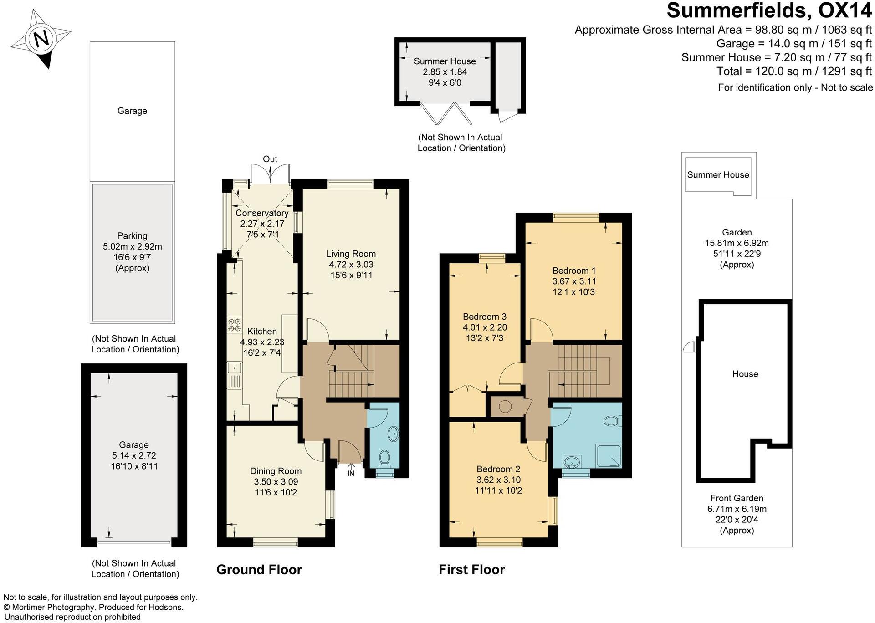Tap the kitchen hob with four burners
pyautogui.click(x=235, y=324)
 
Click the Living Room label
pyautogui.click(x=351, y=254)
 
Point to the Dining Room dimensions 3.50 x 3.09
pyautogui.click(x=276, y=482)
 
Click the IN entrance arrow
pyautogui.click(x=351, y=469)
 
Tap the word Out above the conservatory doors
pyautogui.click(x=270, y=159)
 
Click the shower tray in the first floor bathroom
pyautogui.click(x=609, y=456)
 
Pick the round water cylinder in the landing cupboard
pyautogui.click(x=505, y=406)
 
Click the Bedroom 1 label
pyautogui.click(x=573, y=271)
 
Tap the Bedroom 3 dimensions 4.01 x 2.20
pyautogui.click(x=485, y=327)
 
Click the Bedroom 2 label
pyautogui.click(x=498, y=469)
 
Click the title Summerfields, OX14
pyautogui.click(x=769, y=11)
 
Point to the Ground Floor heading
pyautogui.click(x=259, y=570)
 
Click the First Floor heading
pyautogui.click(x=471, y=570)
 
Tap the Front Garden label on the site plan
pyautogui.click(x=737, y=499)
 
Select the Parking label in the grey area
pyautogui.click(x=132, y=236)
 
